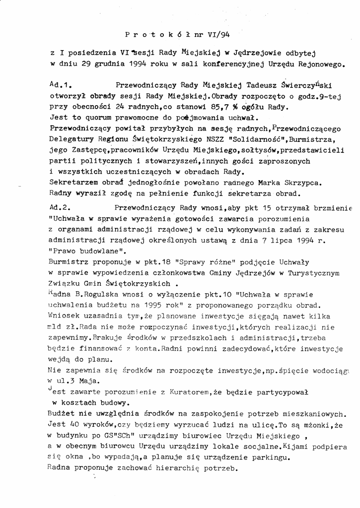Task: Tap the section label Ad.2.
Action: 62,208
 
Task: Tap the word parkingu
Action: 266,457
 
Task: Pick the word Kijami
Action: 297,446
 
